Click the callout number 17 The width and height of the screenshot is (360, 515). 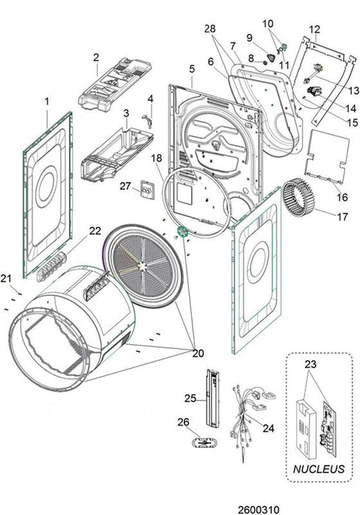(x=342, y=217)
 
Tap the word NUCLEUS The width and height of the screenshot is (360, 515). (x=319, y=469)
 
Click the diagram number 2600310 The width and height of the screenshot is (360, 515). (x=258, y=509)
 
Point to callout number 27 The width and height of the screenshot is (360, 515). (x=125, y=186)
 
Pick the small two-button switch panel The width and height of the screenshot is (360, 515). (x=147, y=190)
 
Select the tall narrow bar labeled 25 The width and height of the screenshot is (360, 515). (x=212, y=398)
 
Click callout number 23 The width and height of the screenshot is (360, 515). (x=311, y=364)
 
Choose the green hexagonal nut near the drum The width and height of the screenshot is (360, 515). (x=182, y=232)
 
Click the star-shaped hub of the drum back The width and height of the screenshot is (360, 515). (x=143, y=266)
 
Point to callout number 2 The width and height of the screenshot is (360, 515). (x=96, y=57)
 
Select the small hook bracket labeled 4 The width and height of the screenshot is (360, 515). (x=148, y=120)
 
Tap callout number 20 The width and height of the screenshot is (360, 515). (x=198, y=353)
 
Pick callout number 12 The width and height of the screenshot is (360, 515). (x=314, y=29)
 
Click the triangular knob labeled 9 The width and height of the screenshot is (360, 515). (x=272, y=58)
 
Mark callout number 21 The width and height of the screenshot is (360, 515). (x=6, y=279)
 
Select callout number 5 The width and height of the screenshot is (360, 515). (x=192, y=69)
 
